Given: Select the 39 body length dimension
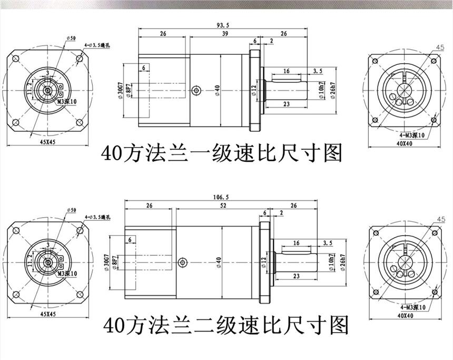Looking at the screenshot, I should click(x=210, y=33).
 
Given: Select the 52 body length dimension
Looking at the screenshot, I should click(x=224, y=206).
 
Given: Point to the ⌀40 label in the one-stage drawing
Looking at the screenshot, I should click(x=216, y=91).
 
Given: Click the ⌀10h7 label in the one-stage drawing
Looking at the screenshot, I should click(x=321, y=91).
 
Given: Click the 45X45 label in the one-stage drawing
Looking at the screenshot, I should click(x=48, y=141).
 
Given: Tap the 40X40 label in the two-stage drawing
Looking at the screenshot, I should click(x=403, y=316).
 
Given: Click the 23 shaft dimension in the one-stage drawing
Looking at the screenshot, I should click(x=287, y=104).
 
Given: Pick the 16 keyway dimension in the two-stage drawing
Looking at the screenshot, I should click(x=296, y=243).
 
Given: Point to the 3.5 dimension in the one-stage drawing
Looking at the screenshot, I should click(x=318, y=71).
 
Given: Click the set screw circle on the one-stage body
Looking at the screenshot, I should click(x=196, y=91).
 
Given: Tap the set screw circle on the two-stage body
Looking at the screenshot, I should click(x=183, y=262).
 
